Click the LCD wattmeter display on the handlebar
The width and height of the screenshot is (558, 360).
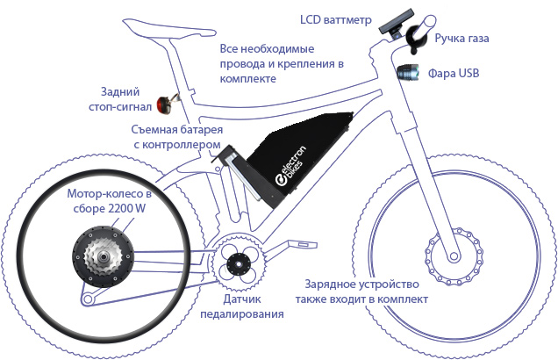pos(396,22)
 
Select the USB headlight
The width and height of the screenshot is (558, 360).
pos(408,72)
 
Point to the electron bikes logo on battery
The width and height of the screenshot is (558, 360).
pos(290,166)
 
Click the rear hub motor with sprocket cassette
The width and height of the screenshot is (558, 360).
pos(104,256)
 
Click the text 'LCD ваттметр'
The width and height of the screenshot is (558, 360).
pos(335,19)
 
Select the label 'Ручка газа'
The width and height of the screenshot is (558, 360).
pos(461,38)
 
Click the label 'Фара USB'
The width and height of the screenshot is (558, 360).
pos(454,73)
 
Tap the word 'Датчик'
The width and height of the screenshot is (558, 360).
pos(242,299)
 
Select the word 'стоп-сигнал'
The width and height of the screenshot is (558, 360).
pos(120,106)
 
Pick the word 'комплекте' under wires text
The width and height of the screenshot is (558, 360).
pos(247,78)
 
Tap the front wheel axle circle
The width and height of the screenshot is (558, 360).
pos(454,256)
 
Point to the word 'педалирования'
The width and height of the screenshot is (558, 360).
pos(242,314)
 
